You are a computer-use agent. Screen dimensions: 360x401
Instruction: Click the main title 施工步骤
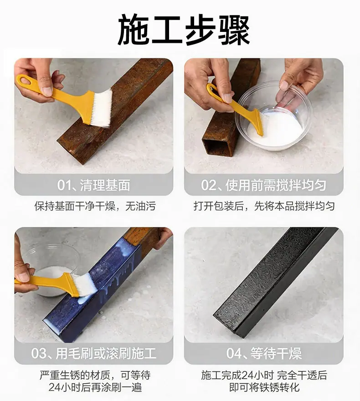click(184, 30)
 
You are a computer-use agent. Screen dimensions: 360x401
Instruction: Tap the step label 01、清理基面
click(93, 185)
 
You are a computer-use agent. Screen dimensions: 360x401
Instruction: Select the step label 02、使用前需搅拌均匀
click(263, 185)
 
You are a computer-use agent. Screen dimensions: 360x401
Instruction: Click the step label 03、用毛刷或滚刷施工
click(93, 354)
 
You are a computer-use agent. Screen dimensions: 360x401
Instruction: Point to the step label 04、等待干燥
click(264, 354)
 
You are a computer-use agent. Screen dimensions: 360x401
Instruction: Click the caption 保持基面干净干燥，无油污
click(95, 206)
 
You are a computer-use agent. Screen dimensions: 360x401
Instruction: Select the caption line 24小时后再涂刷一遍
click(95, 387)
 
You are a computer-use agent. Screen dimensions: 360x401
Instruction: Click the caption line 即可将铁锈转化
click(264, 387)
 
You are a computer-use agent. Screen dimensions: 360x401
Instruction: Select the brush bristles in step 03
click(85, 284)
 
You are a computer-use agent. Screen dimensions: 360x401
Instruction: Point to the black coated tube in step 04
click(276, 281)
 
